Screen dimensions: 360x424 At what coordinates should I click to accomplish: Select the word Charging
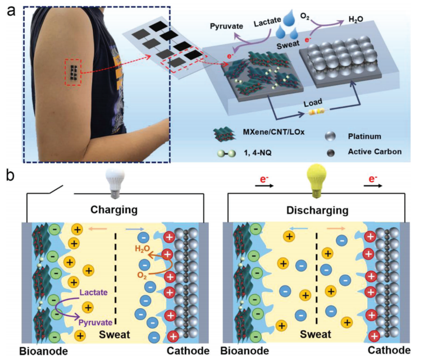[x=114, y=210]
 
